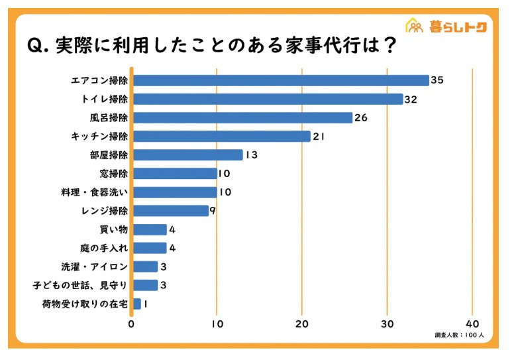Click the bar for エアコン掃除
(281, 80)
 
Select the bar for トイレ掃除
(268, 99)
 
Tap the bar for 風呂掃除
(242, 117)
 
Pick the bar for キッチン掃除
(221, 136)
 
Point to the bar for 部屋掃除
(187, 154)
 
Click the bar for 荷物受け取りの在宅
(136, 304)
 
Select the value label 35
(437, 80)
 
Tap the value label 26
(360, 118)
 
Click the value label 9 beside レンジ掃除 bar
(213, 211)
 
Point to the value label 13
(250, 155)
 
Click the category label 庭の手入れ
(103, 248)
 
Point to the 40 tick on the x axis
(472, 324)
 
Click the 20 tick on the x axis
(302, 324)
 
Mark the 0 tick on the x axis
(131, 324)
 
